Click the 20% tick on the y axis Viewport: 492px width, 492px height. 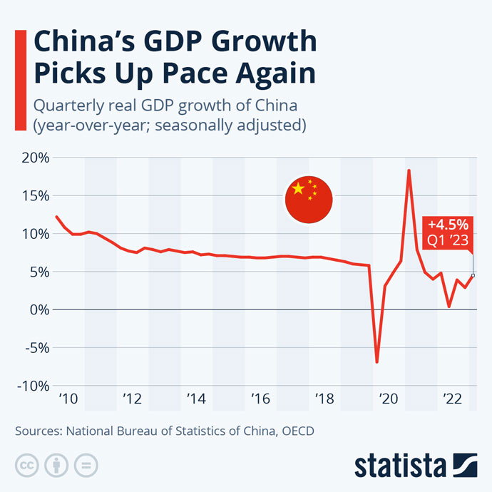pos(33,158)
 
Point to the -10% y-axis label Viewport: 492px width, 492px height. pos(31,386)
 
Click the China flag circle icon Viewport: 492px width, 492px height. pos(309,196)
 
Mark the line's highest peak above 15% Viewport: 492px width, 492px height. pos(409,170)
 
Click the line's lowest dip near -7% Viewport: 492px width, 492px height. pos(376,362)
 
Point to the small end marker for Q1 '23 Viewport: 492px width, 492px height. pos(473,275)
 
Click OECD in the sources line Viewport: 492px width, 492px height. pos(295,431)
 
